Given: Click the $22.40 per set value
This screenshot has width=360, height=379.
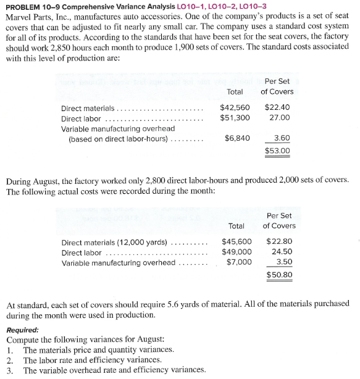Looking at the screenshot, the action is point(277,107).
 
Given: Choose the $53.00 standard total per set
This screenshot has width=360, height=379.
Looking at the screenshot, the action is point(277,150).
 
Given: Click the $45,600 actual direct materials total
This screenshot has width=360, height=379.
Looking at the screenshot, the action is point(237,241).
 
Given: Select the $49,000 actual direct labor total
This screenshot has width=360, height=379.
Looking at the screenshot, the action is point(237,252).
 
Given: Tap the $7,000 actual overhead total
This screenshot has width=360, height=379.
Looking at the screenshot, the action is point(238,262).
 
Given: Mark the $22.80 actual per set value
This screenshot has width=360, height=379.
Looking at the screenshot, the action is point(279,241).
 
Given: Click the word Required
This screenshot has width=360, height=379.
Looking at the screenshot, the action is point(22,330).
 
